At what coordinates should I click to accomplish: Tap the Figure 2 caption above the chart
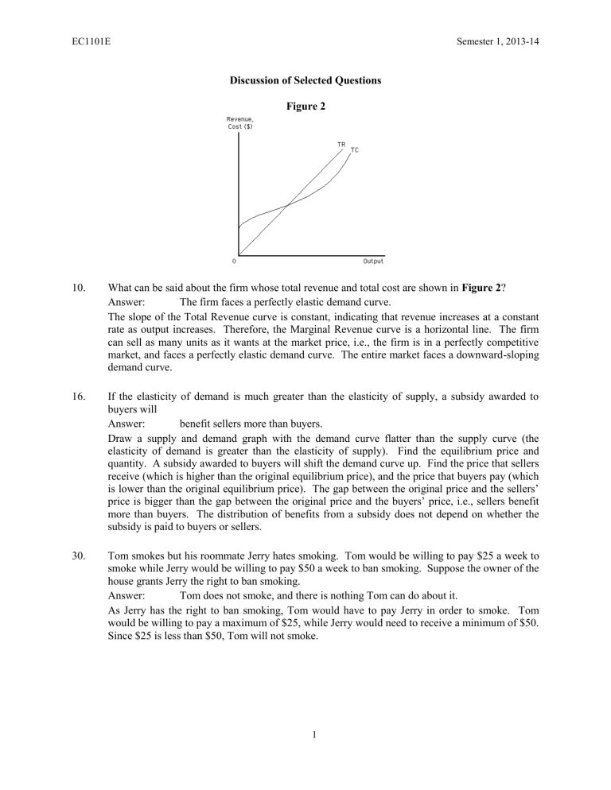click(305, 106)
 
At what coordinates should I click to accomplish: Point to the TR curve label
click(341, 145)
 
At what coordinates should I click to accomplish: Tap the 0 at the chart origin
click(233, 260)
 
